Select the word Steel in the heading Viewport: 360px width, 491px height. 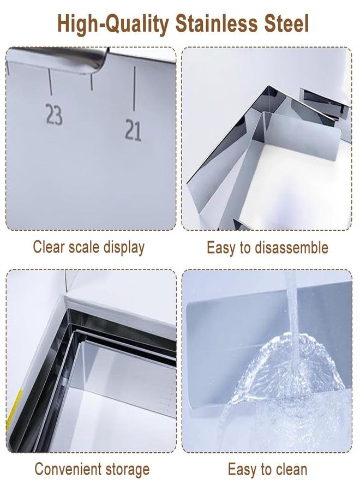pos(287,23)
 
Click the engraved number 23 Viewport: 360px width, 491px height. pos(54,115)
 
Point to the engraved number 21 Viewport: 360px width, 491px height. pos(133,130)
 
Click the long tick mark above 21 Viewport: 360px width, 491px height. pos(135,88)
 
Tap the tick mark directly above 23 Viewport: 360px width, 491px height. pos(50,82)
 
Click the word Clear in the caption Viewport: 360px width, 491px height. pos(49,247)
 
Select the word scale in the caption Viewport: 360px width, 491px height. pos(84,247)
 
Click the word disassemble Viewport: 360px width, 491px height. pos(291,248)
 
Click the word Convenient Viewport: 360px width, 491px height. pos(68,469)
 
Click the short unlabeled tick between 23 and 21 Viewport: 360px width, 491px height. pos(92,81)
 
